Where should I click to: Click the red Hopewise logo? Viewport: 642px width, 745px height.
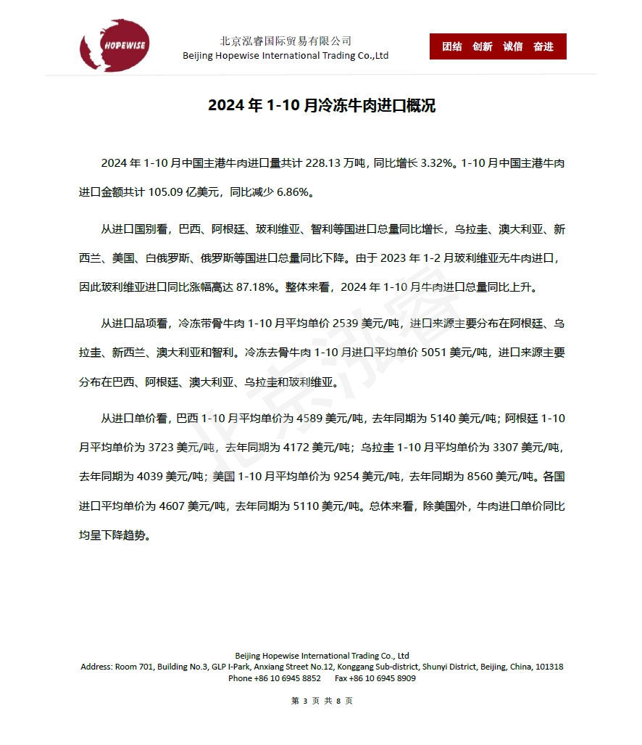(x=114, y=45)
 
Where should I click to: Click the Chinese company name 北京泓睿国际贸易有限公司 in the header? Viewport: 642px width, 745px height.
(x=285, y=41)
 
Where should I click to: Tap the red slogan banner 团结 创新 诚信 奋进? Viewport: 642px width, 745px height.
(x=498, y=46)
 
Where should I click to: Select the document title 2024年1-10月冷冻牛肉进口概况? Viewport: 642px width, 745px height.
(x=322, y=106)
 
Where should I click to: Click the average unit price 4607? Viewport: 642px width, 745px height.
(x=170, y=506)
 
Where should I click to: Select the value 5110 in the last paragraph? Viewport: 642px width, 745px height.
(x=308, y=506)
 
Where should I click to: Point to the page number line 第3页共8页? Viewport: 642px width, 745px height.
(x=322, y=701)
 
